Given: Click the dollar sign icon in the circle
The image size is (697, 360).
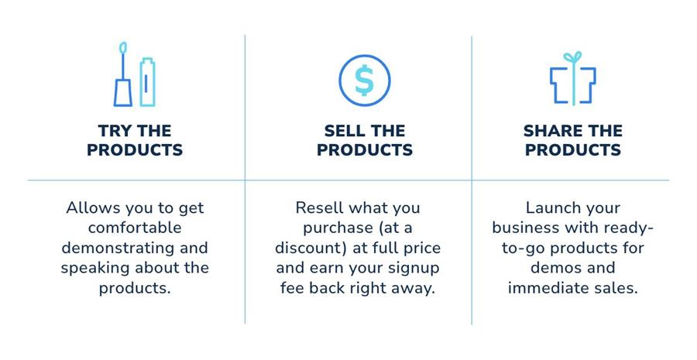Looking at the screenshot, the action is click(x=365, y=81).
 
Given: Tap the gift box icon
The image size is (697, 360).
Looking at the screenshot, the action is click(x=573, y=79).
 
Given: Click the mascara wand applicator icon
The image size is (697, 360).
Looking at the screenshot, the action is click(x=122, y=74).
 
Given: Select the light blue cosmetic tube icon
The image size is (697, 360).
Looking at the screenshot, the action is click(x=147, y=82).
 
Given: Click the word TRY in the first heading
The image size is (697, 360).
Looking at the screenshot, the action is click(x=115, y=131).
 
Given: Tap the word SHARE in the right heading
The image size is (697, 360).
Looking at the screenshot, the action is click(x=551, y=131).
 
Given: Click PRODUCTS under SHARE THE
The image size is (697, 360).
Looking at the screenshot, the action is click(x=573, y=149).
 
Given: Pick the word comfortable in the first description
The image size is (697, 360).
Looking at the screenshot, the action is click(x=135, y=228).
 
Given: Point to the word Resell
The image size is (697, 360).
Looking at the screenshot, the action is click(x=320, y=207).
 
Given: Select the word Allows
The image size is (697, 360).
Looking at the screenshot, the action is click(x=94, y=207).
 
